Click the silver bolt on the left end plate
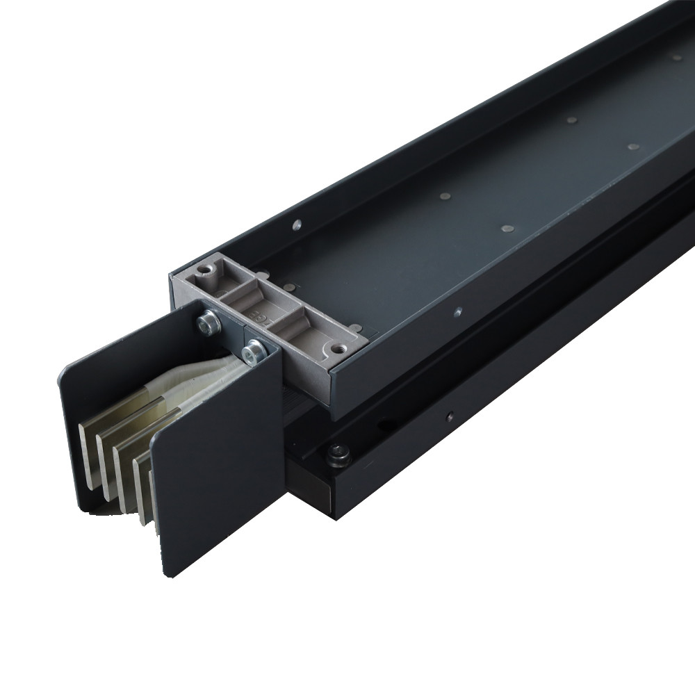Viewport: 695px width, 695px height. pos(207,321)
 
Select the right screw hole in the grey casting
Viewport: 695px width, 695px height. pos(337,350)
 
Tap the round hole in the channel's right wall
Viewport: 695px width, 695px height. pos(457,313)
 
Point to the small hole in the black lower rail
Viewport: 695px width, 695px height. pos(450,417)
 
